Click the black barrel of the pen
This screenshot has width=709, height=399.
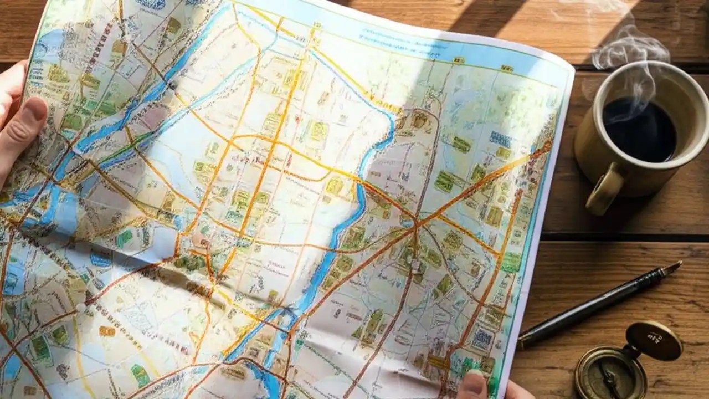pos(598,305)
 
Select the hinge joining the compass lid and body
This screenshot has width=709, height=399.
pos(629,355)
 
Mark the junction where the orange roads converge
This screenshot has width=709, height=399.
pos(415,222)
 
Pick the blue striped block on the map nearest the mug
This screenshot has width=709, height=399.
pos(500,139)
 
